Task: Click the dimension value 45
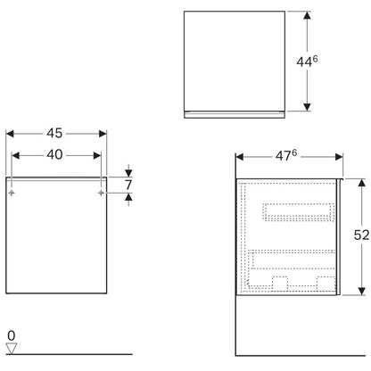click(x=54, y=133)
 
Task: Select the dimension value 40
click(x=54, y=154)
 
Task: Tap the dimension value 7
click(x=128, y=185)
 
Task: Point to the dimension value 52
click(x=361, y=235)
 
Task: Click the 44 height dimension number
click(x=304, y=62)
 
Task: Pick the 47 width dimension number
click(x=283, y=156)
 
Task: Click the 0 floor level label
click(x=11, y=336)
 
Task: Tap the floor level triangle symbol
click(x=12, y=349)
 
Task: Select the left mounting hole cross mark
click(x=12, y=193)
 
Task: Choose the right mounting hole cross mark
click(x=101, y=193)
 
